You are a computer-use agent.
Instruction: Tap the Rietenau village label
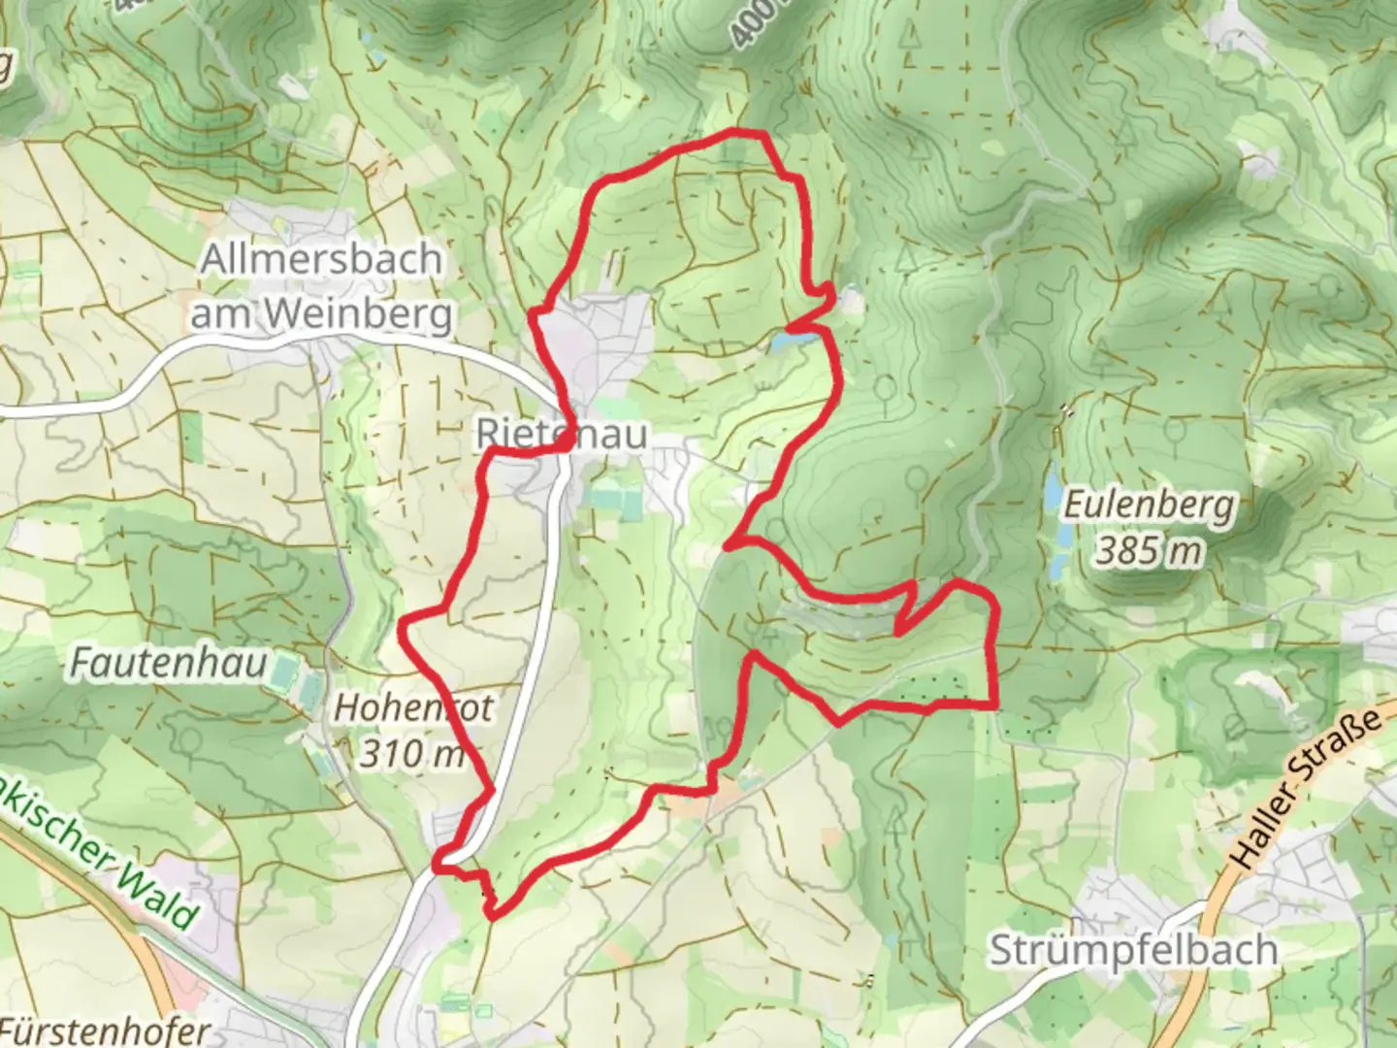point(562,433)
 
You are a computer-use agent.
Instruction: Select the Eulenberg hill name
point(1150,506)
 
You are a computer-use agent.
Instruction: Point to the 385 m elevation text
point(1149,551)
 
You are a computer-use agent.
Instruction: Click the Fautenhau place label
point(168,665)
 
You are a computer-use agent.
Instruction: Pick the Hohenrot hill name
point(413,707)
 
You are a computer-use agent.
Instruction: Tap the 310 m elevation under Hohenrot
point(411,752)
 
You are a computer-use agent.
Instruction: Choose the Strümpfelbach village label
point(1132,950)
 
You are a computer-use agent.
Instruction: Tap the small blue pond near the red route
point(788,341)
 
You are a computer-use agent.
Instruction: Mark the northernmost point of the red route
point(742,132)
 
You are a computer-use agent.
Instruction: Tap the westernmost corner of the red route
point(403,636)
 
